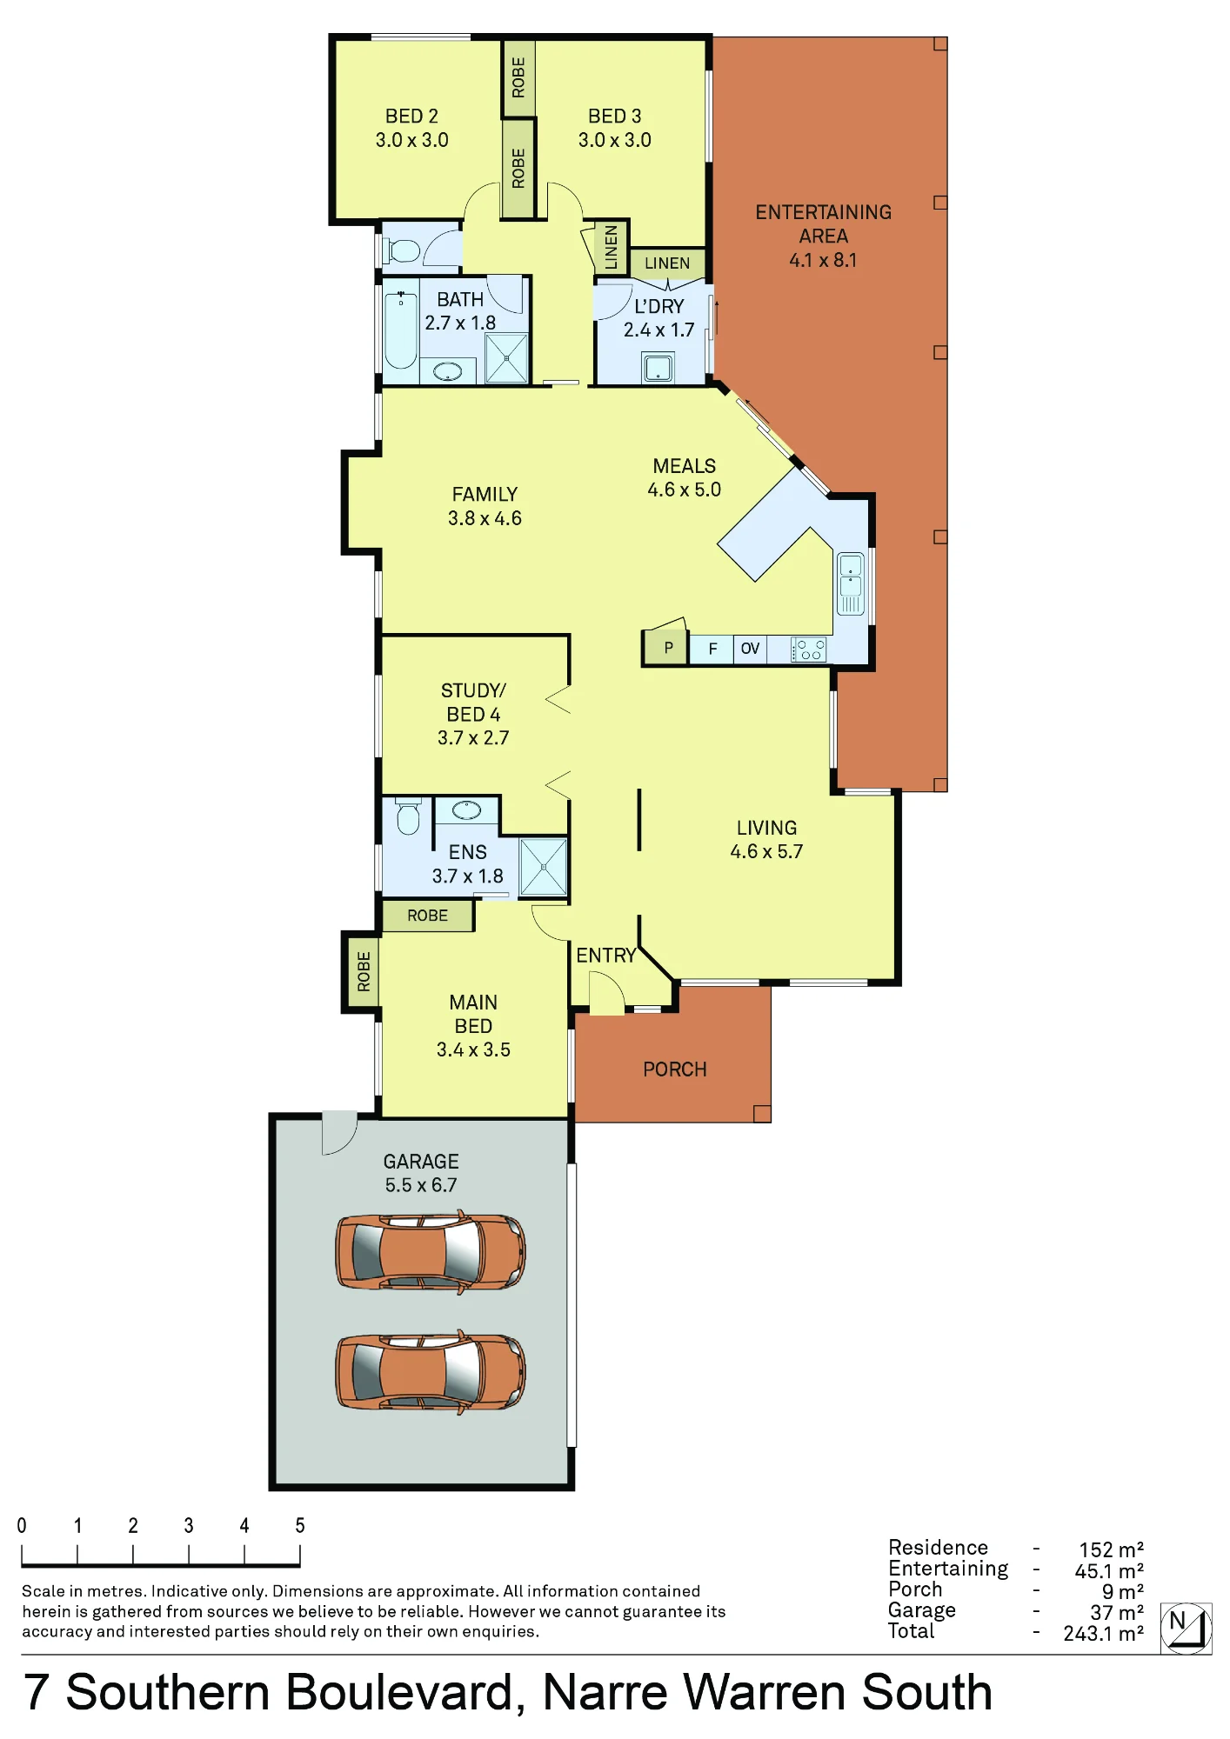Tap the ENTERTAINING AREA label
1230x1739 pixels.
(x=823, y=224)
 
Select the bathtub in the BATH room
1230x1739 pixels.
(x=401, y=331)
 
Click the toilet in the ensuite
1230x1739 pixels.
(x=408, y=816)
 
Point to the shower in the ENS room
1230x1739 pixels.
(x=544, y=867)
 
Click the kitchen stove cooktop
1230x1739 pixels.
(x=808, y=650)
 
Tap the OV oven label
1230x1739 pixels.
(x=750, y=649)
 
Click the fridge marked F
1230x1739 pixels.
(x=712, y=650)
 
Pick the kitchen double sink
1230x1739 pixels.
(x=850, y=583)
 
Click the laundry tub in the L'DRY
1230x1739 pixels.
(x=658, y=368)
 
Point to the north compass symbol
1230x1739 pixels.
(x=1186, y=1628)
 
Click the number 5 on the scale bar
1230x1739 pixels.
(x=300, y=1525)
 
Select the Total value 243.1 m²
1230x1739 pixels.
(x=1103, y=1634)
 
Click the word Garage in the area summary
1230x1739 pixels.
(x=921, y=1610)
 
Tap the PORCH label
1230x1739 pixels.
(x=675, y=1069)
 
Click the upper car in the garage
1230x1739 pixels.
(x=431, y=1251)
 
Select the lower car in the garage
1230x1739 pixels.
(x=431, y=1371)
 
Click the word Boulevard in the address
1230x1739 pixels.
(x=403, y=1693)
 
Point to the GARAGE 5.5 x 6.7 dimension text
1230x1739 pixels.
(x=421, y=1185)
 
